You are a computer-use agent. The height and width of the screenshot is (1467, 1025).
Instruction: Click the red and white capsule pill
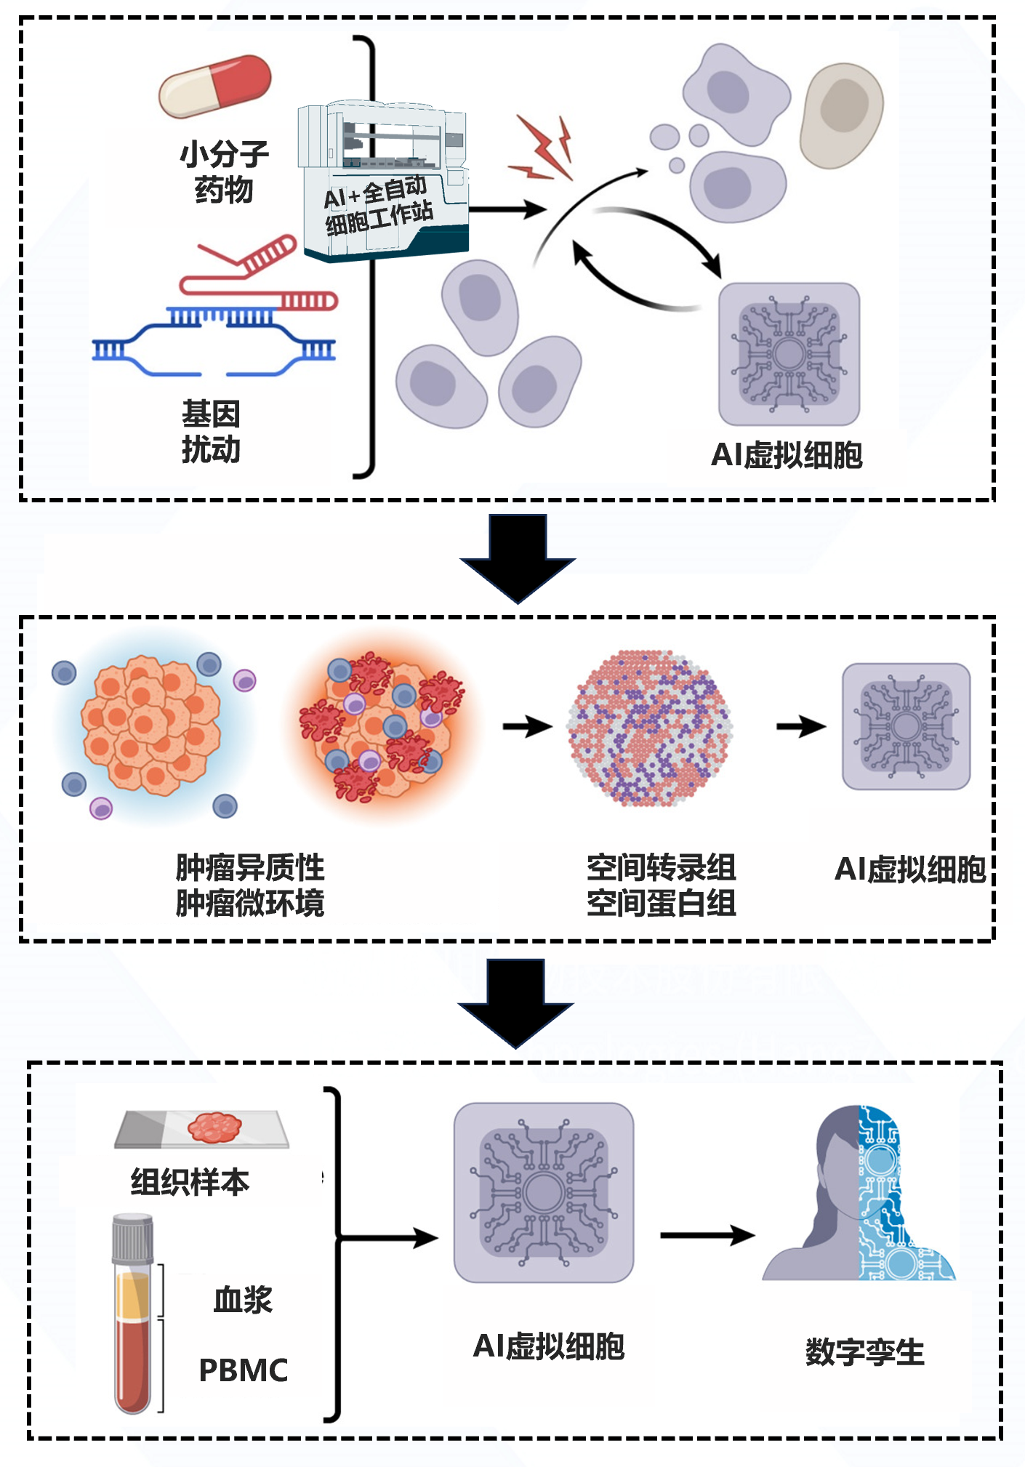coord(215,86)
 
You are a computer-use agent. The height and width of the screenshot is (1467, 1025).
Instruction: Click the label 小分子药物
coord(224,172)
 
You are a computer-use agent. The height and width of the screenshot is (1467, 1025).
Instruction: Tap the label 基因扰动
coord(211,432)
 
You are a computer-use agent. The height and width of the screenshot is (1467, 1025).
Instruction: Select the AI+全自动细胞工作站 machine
coord(383,182)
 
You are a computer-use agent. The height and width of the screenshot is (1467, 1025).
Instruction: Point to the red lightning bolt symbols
coord(541,149)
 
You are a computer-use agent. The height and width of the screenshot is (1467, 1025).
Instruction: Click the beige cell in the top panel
coord(841,115)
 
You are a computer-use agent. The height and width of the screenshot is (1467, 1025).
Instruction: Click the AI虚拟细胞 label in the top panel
coord(787,455)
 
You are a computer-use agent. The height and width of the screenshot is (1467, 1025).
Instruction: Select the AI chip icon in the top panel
coord(789,354)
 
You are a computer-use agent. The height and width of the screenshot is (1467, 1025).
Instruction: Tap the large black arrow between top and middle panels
coord(518,558)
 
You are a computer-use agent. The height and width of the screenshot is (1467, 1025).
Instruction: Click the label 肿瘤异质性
coord(250,867)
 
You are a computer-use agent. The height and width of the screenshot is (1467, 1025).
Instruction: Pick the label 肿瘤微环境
coord(250,903)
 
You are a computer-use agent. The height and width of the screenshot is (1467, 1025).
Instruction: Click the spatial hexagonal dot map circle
coord(650,728)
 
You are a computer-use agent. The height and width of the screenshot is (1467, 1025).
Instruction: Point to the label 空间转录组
coord(662,867)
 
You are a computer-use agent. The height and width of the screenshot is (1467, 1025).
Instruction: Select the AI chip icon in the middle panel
coord(906,726)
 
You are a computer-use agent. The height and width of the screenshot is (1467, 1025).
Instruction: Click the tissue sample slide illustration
coord(201,1129)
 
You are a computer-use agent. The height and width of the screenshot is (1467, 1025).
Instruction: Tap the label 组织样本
coord(190,1182)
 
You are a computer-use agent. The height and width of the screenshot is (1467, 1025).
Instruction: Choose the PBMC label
coord(244,1370)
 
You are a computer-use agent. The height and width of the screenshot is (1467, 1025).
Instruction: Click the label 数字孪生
coord(865,1352)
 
